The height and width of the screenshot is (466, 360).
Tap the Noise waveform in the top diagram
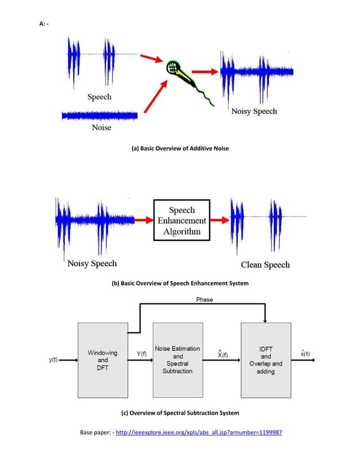pyautogui.click(x=99, y=116)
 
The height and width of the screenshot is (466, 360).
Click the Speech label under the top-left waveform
pyautogui.click(x=99, y=96)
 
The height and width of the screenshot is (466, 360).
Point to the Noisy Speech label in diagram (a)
pyautogui.click(x=254, y=111)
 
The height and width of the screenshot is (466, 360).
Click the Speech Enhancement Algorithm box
pyautogui.click(x=182, y=220)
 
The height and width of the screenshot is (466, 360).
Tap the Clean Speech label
pyautogui.click(x=265, y=265)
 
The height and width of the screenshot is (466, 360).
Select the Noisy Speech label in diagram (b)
pyautogui.click(x=92, y=263)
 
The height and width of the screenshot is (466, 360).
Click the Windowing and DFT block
pyautogui.click(x=102, y=359)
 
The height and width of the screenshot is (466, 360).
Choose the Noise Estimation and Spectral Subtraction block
pyautogui.click(x=178, y=359)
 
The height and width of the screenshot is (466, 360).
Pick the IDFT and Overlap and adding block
pyautogui.click(x=266, y=359)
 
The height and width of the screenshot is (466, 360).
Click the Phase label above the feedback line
pyautogui.click(x=204, y=300)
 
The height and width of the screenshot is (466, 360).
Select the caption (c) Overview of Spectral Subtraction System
pyautogui.click(x=181, y=413)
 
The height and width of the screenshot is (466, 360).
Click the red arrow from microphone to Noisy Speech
pyautogui.click(x=205, y=72)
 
